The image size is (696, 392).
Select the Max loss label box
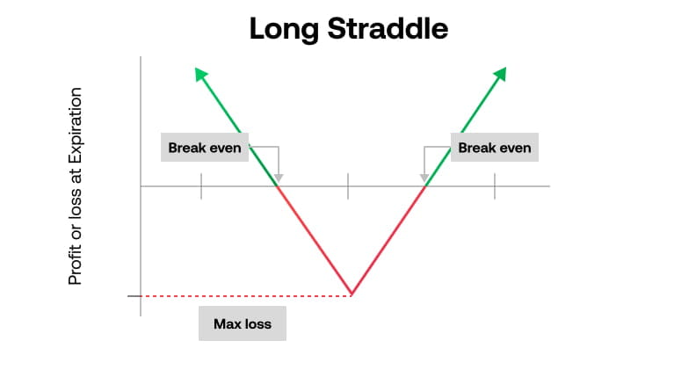(x=243, y=324)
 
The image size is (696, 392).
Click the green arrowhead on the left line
(x=200, y=76)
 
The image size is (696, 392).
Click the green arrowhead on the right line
(x=501, y=76)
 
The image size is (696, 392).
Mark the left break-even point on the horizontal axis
(x=278, y=185)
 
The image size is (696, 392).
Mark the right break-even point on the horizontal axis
(x=425, y=185)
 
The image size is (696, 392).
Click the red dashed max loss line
(x=246, y=295)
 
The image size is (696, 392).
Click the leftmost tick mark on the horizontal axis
(x=201, y=185)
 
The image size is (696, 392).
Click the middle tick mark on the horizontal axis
(x=348, y=185)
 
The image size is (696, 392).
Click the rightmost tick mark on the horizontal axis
(x=494, y=185)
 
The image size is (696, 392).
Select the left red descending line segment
(x=315, y=239)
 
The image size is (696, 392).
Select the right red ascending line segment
(x=388, y=239)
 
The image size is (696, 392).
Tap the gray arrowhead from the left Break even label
(x=278, y=178)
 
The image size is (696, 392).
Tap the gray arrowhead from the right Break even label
(x=424, y=178)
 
